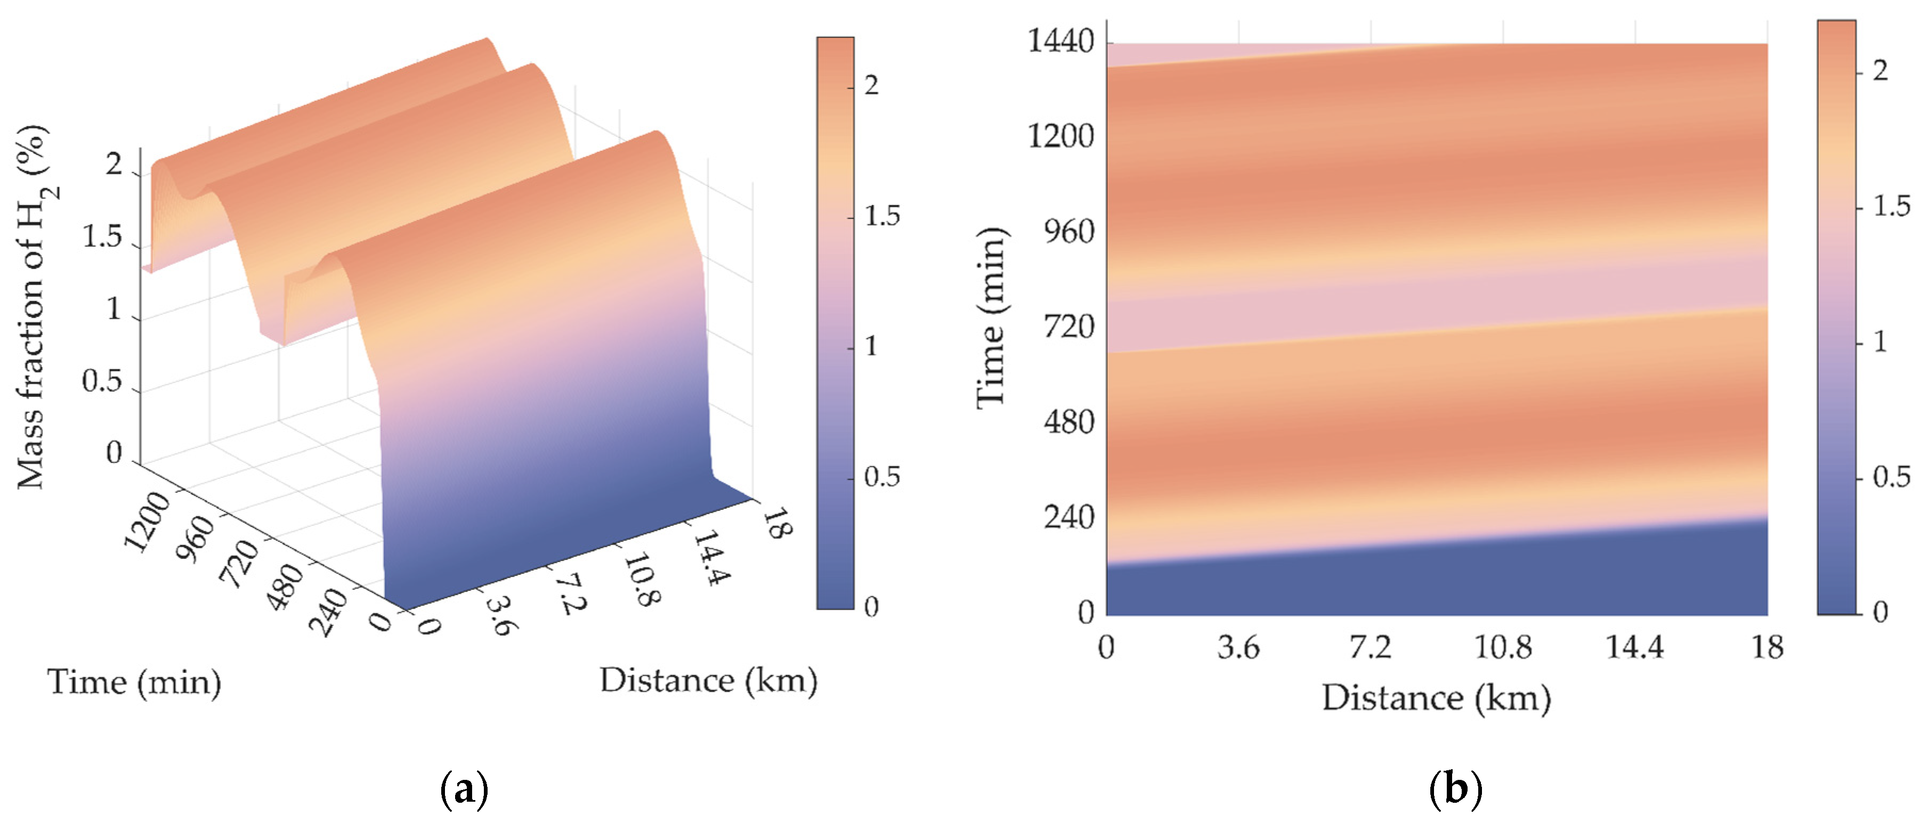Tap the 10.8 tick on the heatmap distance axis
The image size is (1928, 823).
coord(1503,647)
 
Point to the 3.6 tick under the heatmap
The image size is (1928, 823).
coord(1238,647)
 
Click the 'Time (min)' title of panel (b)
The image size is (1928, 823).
coord(992,318)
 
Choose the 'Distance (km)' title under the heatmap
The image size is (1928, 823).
coord(1436,698)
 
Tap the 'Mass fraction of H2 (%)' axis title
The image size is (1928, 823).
coord(34,307)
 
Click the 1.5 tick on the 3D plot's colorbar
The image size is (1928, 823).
coord(882,216)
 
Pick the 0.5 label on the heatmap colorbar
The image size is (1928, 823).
coord(1891,477)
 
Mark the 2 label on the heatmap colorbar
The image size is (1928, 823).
coord(1880,71)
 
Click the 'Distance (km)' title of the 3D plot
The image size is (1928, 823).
coord(708,680)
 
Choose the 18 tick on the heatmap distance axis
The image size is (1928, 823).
coord(1767,647)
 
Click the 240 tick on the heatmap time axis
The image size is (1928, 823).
coord(1069,517)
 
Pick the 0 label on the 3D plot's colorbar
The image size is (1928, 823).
coord(871,607)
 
